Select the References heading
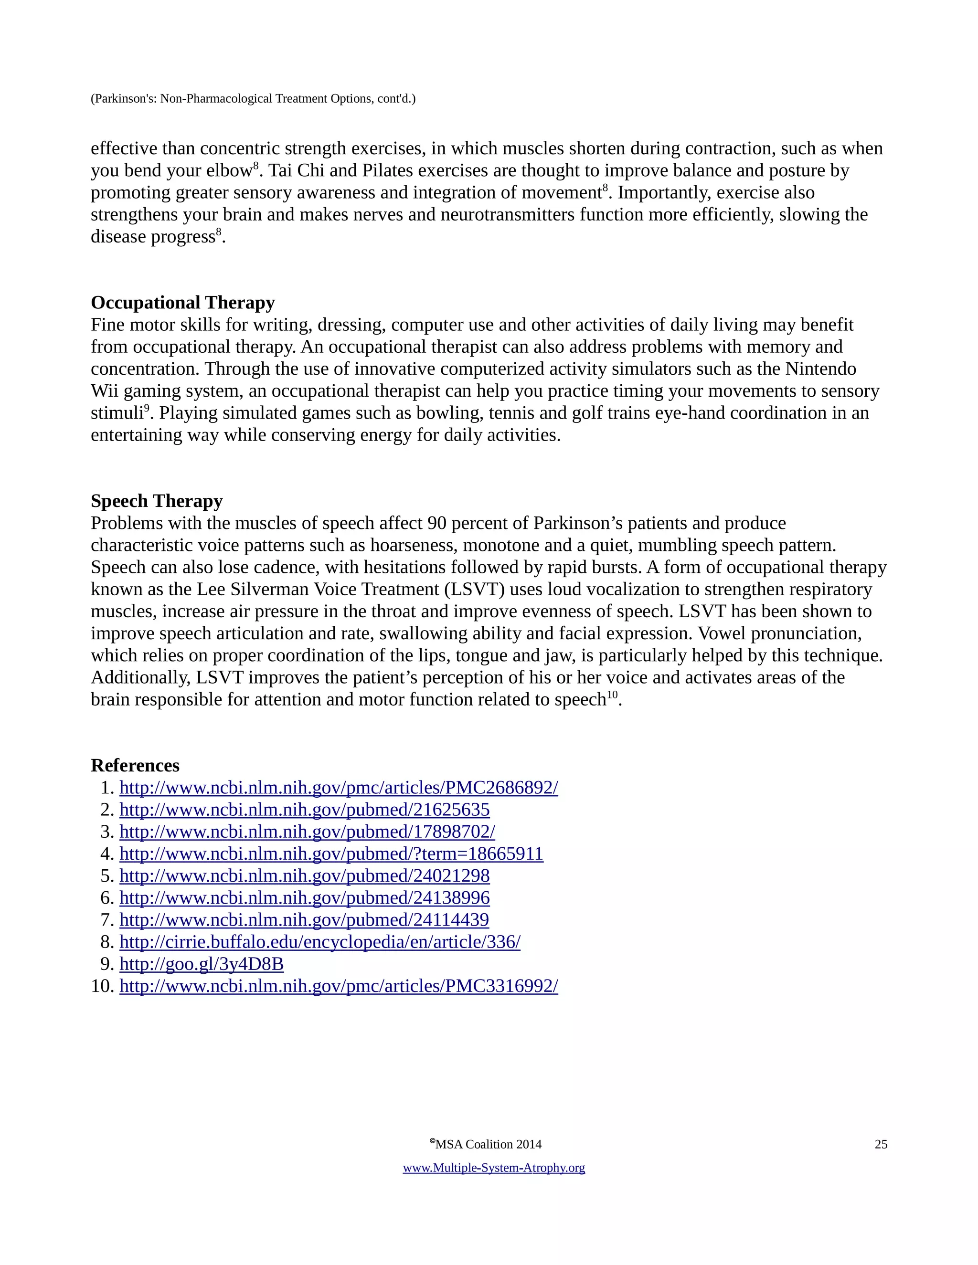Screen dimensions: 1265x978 (x=135, y=765)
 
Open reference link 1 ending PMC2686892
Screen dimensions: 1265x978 (x=339, y=788)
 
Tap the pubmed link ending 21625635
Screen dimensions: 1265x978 (x=304, y=810)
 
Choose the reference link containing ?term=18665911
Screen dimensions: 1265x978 (x=331, y=854)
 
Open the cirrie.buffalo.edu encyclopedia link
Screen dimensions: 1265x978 (x=320, y=942)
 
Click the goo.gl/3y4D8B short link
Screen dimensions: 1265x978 (x=201, y=964)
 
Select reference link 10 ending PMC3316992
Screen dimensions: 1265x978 (x=339, y=986)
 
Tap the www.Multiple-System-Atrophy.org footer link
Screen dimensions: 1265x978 (x=494, y=1168)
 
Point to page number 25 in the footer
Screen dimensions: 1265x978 (x=881, y=1144)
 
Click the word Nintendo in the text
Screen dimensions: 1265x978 (x=820, y=369)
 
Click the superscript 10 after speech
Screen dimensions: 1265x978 (x=612, y=695)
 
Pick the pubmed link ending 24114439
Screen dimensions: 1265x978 (x=304, y=920)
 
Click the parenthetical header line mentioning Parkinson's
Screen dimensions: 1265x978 (x=253, y=98)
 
